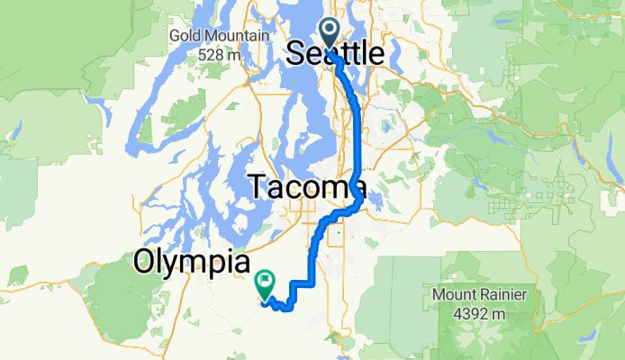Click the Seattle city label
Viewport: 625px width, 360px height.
tap(335, 54)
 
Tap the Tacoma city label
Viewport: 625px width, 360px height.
tap(306, 187)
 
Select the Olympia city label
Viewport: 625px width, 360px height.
tap(191, 262)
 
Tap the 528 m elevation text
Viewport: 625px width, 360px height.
tap(221, 54)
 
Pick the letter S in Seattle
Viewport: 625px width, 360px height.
tap(295, 54)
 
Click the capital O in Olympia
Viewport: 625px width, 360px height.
tap(145, 262)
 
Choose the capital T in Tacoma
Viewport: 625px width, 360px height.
tap(258, 187)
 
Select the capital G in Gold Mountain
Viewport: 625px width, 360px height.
tap(174, 36)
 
